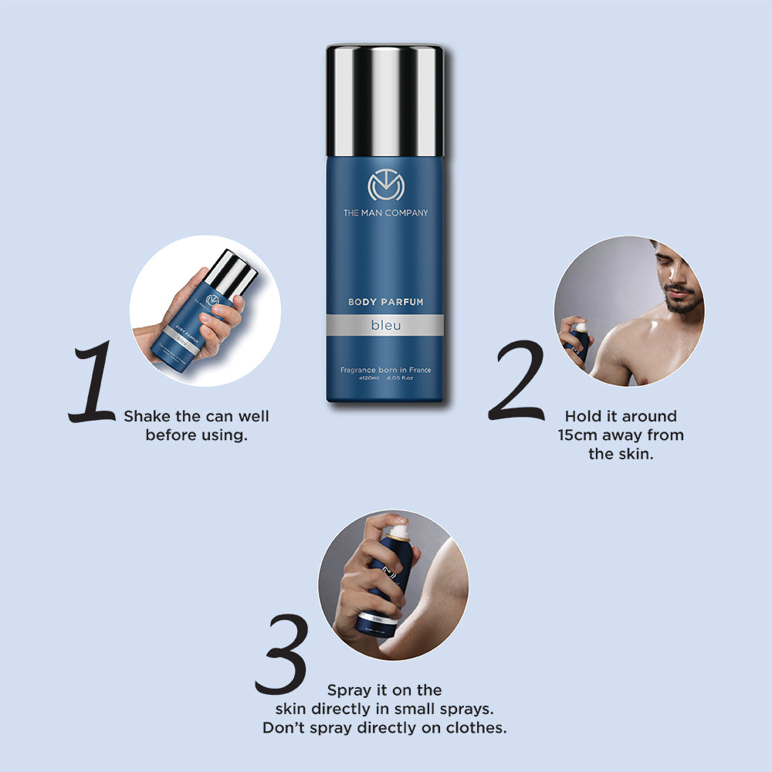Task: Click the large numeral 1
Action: click(x=94, y=384)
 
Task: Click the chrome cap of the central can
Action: click(x=384, y=100)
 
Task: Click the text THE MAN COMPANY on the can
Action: click(x=384, y=213)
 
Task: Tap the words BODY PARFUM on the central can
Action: click(x=384, y=303)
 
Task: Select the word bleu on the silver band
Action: click(x=384, y=326)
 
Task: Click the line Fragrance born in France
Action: click(x=384, y=371)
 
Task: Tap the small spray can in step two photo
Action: click(x=580, y=344)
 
